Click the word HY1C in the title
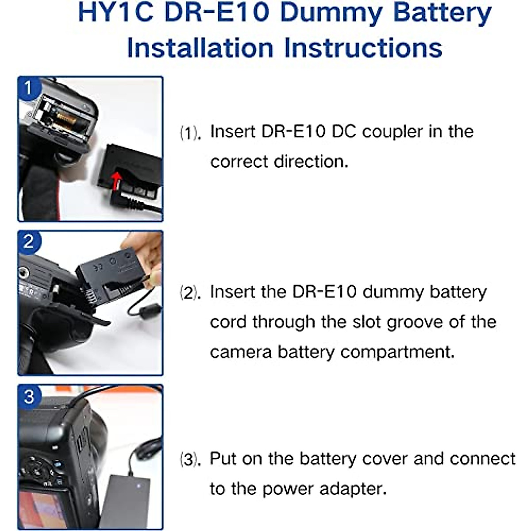click(115, 13)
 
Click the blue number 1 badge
click(28, 88)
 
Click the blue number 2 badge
click(28, 242)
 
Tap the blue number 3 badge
click(28, 396)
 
